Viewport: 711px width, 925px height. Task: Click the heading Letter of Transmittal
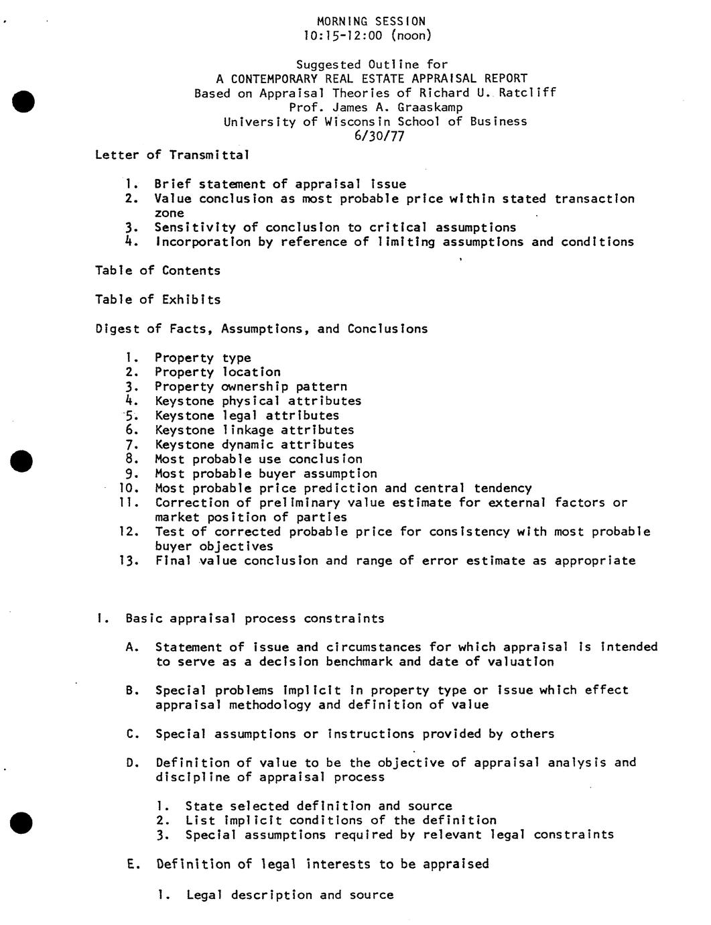(172, 155)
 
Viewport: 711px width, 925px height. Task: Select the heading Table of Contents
(157, 271)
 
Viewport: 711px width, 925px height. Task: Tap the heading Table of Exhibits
(157, 300)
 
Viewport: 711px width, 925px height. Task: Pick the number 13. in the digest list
(128, 561)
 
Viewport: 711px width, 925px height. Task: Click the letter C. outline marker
(132, 734)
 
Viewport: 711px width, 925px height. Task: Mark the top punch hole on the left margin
(23, 101)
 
